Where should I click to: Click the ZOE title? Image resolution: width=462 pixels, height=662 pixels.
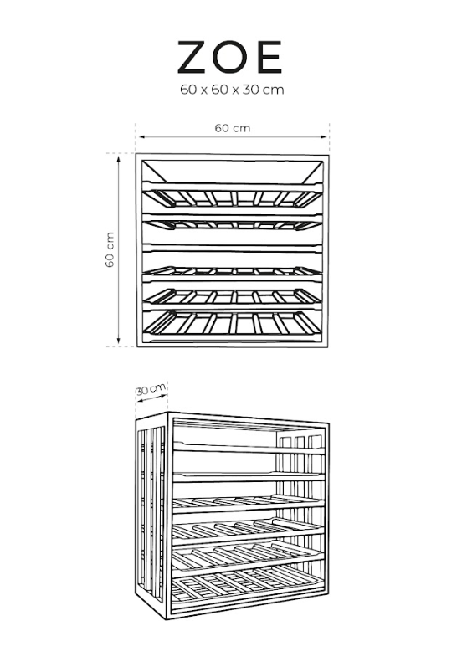[229, 57]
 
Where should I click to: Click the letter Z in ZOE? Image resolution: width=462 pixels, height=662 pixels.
[193, 57]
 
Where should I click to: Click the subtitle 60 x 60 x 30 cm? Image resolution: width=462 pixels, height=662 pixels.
[232, 90]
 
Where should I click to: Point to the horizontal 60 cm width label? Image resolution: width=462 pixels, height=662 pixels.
[233, 128]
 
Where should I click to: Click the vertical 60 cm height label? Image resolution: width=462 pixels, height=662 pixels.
[110, 249]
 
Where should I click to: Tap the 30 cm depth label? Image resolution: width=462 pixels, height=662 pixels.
[151, 388]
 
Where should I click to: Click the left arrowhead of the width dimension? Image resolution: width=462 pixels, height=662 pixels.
[142, 136]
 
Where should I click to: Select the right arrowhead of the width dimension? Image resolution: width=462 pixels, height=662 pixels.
[324, 136]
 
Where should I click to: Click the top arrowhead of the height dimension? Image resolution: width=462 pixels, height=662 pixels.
[119, 158]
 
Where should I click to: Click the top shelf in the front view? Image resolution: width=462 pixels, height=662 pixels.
[233, 196]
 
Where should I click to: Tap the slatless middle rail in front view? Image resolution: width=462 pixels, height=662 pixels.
[233, 248]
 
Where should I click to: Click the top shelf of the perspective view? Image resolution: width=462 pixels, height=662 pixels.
[249, 449]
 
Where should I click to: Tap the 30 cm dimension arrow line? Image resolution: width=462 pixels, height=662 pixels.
[151, 398]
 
